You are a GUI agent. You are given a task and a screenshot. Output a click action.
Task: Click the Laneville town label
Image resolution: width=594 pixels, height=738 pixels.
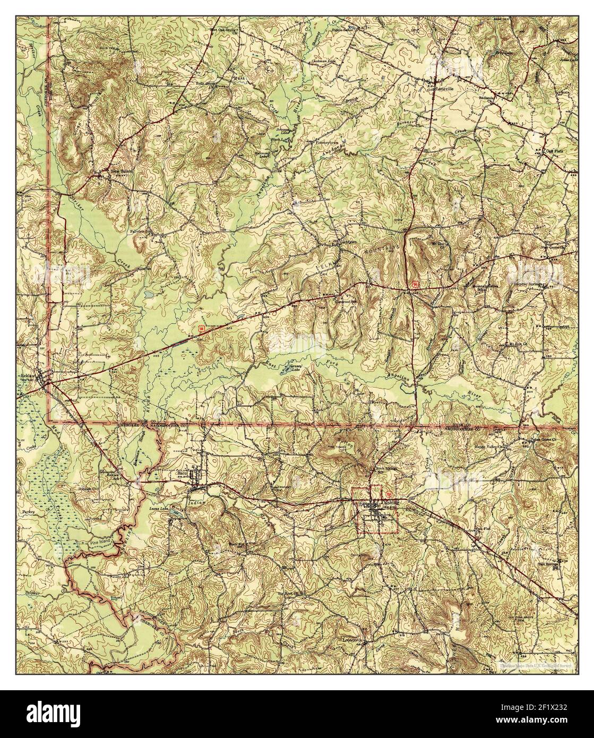(443, 89)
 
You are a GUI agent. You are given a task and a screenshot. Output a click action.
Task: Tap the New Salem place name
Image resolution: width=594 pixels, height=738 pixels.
(119, 171)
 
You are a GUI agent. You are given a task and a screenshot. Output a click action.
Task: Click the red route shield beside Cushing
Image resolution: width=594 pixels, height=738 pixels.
(392, 493)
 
